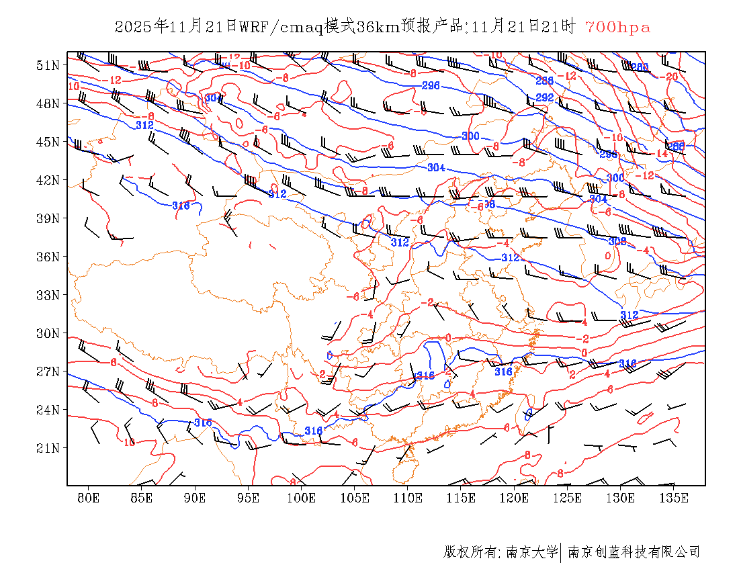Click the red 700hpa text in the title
click(617, 28)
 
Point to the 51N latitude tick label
click(48, 65)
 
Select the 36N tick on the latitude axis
click(48, 257)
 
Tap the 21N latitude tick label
click(48, 448)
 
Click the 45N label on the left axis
click(48, 142)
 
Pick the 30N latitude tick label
click(48, 333)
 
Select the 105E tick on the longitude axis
click(355, 498)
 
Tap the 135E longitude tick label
click(674, 498)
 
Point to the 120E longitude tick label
click(515, 498)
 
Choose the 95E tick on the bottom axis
click(248, 498)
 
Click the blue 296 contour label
click(431, 86)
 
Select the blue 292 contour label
click(545, 97)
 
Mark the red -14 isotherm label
click(661, 154)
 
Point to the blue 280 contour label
click(640, 67)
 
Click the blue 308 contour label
click(617, 241)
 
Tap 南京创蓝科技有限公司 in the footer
click(634, 552)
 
